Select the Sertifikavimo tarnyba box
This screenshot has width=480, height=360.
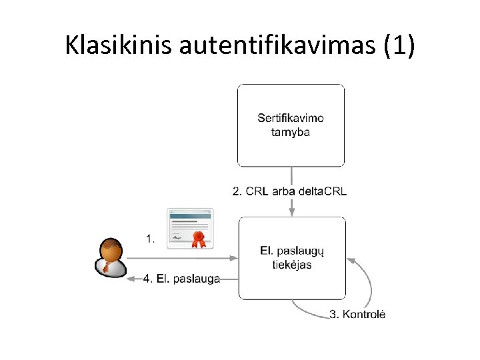(291, 125)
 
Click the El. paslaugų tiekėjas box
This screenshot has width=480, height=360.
(292, 257)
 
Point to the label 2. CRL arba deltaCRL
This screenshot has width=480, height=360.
(289, 191)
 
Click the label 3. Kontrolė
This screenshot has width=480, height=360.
(357, 315)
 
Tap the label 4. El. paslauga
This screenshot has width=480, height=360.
(181, 279)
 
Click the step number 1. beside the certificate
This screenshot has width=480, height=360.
(150, 237)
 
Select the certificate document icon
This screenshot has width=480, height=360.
(190, 227)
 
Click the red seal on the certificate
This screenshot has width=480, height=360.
(198, 238)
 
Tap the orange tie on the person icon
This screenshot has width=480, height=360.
(107, 267)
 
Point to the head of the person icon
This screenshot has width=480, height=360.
(109, 250)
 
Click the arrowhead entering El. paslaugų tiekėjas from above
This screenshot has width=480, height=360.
(291, 212)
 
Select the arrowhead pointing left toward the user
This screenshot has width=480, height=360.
(130, 279)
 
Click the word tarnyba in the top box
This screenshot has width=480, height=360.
(291, 132)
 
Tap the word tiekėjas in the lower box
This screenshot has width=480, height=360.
(291, 265)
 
